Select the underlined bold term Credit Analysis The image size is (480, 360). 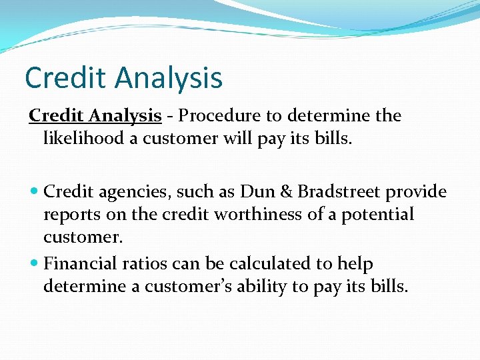point(95,116)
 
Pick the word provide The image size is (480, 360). point(419,192)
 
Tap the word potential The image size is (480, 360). point(377,215)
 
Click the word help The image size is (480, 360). point(356,264)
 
